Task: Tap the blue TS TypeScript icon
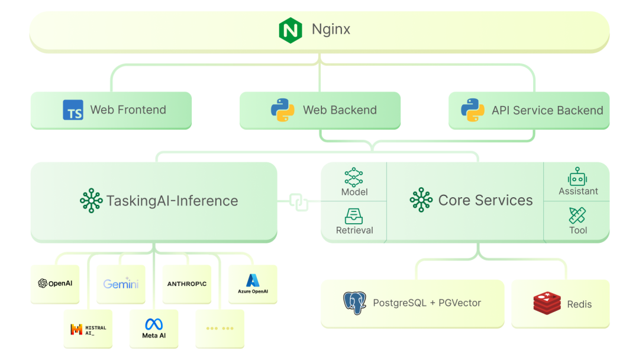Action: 73,110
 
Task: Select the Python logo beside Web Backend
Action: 283,110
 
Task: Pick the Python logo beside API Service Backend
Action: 472,110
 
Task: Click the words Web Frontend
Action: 128,110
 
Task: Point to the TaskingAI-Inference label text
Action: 172,201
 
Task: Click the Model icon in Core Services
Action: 354,177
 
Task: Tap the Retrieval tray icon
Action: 354,216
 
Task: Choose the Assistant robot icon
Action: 577,176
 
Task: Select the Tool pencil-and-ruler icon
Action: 577,216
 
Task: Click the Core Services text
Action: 485,200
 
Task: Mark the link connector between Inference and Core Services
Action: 299,201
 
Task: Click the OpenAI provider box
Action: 55,284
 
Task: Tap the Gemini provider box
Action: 121,284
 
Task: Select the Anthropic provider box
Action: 187,284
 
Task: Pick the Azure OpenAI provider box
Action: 253,284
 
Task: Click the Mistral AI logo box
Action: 88,329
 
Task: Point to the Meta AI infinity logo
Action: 154,324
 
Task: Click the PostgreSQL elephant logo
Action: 354,303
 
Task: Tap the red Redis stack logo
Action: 547,303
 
